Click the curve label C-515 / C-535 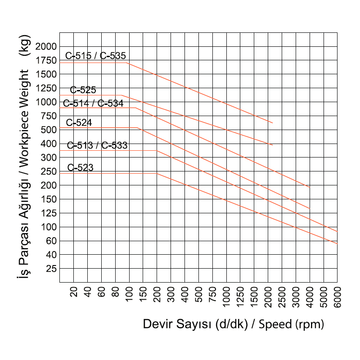pyautogui.click(x=95, y=56)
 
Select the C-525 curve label pyautogui.click(x=83, y=90)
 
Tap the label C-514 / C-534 pyautogui.click(x=93, y=103)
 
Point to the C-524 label pyautogui.click(x=79, y=122)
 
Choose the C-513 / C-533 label pyautogui.click(x=97, y=145)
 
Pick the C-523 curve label pyautogui.click(x=81, y=168)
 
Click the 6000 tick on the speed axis pyautogui.click(x=337, y=297)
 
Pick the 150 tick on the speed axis pyautogui.click(x=143, y=296)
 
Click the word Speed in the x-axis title pyautogui.click(x=275, y=324)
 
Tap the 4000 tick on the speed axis pyautogui.click(x=310, y=297)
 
